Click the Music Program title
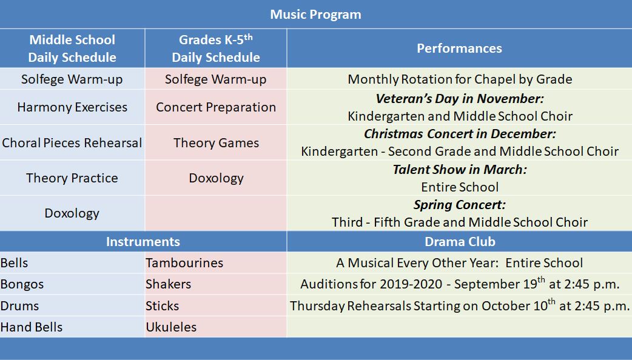(315, 15)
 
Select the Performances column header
(459, 48)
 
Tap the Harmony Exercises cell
(72, 107)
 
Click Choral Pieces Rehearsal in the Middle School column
(72, 143)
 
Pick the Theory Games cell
(216, 143)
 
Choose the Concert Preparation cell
(216, 107)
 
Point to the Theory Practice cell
(72, 178)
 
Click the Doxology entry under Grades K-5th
(216, 178)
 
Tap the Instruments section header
(143, 242)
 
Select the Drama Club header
(460, 242)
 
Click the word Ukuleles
(171, 327)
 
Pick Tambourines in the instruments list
(184, 263)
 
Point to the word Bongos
(22, 285)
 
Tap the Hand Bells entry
(32, 327)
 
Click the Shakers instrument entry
(169, 284)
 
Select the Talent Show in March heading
(460, 170)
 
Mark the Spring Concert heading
(460, 205)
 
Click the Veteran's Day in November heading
(460, 99)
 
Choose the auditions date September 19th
(500, 284)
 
